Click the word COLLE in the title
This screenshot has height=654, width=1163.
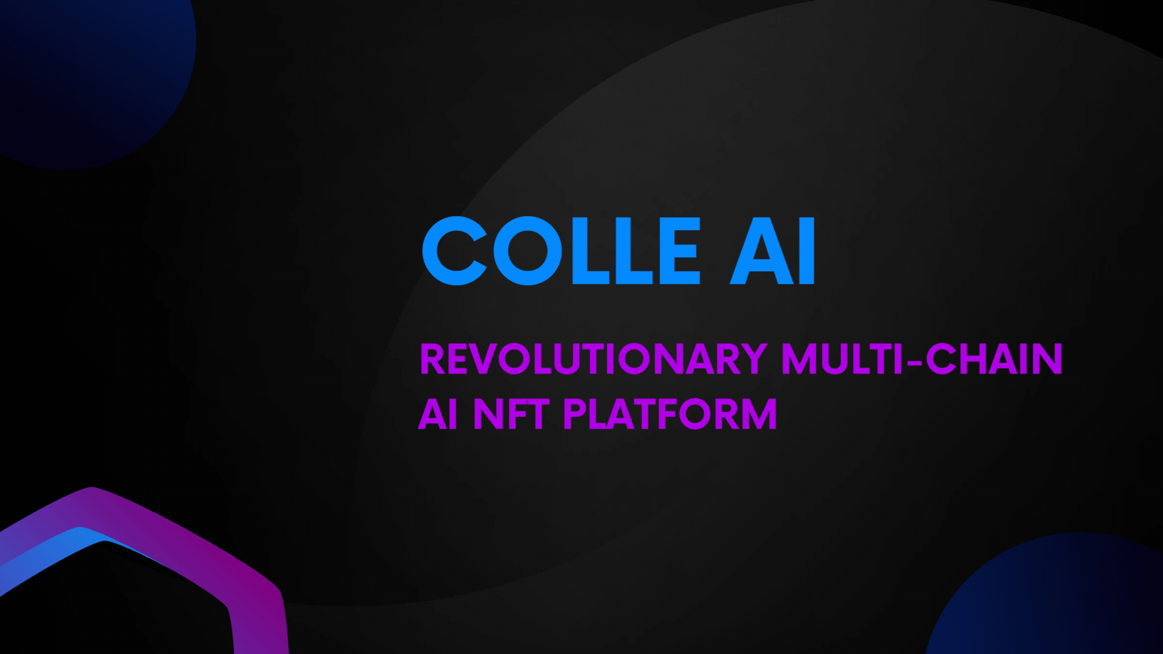(562, 251)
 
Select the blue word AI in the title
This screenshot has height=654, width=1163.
(773, 251)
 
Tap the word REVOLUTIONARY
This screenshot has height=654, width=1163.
(594, 359)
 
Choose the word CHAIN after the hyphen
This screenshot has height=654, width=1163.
(994, 359)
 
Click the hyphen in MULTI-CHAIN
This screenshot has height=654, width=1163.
(915, 362)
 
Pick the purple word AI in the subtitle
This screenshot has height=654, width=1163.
(438, 414)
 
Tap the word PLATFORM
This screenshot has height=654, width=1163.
(670, 414)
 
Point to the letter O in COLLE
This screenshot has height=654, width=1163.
(528, 251)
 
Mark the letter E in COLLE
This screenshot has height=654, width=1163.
(680, 251)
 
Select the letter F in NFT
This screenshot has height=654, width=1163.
(517, 414)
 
